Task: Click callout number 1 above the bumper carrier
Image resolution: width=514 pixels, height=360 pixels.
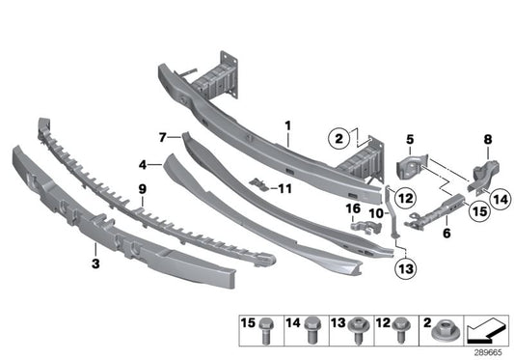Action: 286,125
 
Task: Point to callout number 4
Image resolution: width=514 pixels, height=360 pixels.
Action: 142,165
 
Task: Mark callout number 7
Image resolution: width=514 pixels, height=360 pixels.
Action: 163,138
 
